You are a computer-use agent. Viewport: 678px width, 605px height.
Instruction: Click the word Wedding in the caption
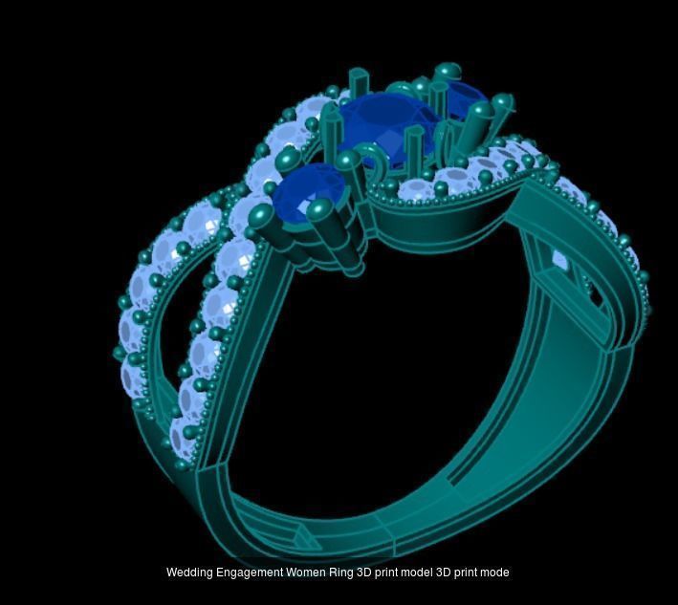[188, 573]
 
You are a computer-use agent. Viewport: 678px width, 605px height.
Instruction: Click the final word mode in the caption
[494, 573]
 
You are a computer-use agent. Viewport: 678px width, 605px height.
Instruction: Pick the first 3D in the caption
[364, 573]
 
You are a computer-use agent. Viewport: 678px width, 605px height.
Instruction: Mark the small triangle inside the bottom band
[303, 534]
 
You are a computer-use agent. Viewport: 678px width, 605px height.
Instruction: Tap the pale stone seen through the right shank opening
[559, 259]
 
